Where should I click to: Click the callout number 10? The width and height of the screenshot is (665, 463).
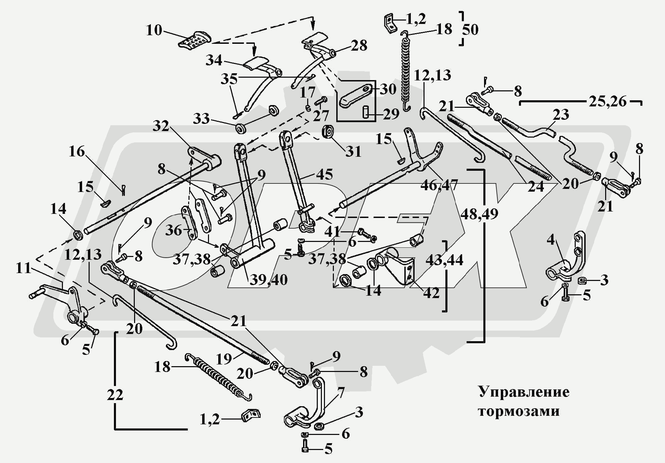tap(154, 30)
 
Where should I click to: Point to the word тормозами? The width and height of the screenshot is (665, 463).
tap(519, 411)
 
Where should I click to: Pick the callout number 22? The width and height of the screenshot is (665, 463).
tap(115, 395)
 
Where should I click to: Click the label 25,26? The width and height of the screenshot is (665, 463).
tap(608, 102)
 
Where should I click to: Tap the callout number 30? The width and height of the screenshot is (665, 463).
tap(388, 89)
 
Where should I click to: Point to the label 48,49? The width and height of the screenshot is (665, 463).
tap(479, 214)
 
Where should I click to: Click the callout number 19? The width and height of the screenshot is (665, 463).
tap(224, 359)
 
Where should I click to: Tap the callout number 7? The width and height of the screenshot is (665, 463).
tap(341, 391)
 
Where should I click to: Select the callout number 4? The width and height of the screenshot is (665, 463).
tap(550, 240)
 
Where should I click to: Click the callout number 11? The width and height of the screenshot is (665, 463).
tap(24, 268)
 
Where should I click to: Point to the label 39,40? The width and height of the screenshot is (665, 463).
tap(268, 280)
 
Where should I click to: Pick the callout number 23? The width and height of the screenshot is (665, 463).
tap(561, 115)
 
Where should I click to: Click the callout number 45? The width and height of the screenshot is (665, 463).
tap(324, 174)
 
